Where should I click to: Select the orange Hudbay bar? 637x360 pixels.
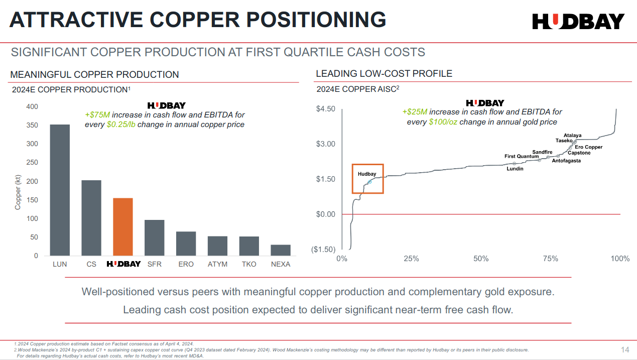pos(123,226)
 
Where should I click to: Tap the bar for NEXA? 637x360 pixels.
pos(281,250)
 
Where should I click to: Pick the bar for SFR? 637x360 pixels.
pos(155,237)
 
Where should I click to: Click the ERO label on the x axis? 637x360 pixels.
pos(186,264)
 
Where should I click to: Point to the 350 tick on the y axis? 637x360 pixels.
pos(32,125)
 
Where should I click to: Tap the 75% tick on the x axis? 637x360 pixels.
pos(551,259)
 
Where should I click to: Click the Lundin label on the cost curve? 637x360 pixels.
pos(515,169)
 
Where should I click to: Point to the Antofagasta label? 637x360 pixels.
pos(566,161)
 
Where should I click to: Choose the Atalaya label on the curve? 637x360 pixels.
pos(572,136)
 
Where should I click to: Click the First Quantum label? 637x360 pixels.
pos(521,157)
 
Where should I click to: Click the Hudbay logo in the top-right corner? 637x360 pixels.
pos(578,21)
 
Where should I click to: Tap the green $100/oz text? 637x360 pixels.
pos(443,122)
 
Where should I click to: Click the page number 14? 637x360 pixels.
pos(625,349)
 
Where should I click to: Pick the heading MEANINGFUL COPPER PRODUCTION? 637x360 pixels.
pos(94,75)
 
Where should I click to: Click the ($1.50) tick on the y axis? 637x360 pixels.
pos(323,250)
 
